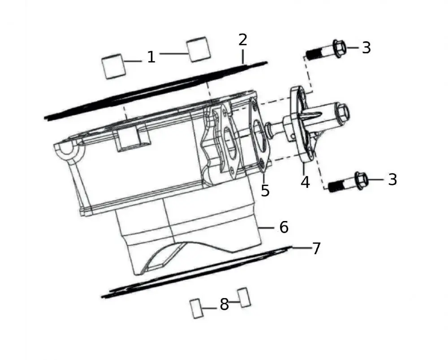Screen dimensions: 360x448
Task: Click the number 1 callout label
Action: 151,57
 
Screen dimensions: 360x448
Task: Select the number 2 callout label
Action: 242,40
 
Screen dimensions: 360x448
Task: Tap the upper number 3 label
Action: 366,48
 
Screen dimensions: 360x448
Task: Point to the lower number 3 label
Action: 392,179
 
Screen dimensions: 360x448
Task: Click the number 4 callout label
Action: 305,182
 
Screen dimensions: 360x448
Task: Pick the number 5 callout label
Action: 265,190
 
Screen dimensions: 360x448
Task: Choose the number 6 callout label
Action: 284,227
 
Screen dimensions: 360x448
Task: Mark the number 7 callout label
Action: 316,248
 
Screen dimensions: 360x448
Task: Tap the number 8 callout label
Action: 224,305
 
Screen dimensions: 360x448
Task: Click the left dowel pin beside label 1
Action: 112,66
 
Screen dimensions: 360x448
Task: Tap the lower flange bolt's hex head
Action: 361,180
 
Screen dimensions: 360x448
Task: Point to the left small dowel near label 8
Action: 195,308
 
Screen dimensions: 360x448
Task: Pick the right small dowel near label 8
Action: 244,297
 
